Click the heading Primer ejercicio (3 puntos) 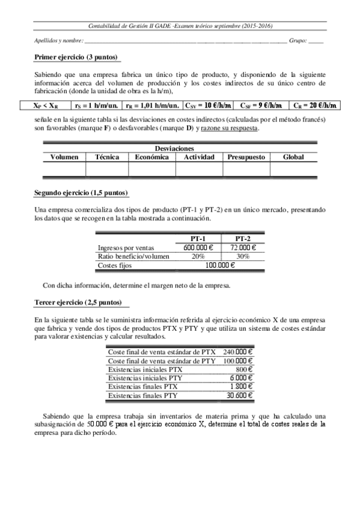76,58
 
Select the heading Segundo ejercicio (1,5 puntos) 81,193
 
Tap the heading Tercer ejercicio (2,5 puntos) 78,302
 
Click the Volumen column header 64,157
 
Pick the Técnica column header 107,157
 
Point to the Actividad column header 199,157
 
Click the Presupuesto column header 246,157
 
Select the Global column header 292,157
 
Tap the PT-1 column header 200,239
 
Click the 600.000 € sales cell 200,248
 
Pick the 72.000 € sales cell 243,248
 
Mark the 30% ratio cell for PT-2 243,256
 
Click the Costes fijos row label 114,265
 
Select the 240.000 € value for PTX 238,352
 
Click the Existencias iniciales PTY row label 145,378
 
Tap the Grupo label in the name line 298,41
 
